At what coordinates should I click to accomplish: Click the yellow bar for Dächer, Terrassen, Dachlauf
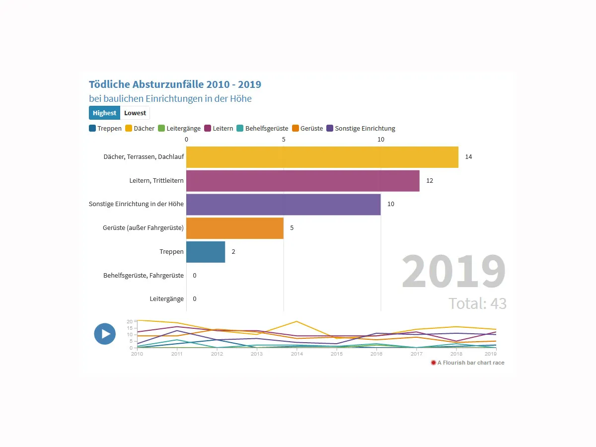[x=322, y=157]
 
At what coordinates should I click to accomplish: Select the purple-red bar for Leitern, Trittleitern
[x=302, y=181]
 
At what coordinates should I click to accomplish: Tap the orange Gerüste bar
[x=234, y=228]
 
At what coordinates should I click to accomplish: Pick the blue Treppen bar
[x=205, y=252]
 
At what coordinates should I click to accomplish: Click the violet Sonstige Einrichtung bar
[x=283, y=204]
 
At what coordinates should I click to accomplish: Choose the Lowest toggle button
[x=135, y=113]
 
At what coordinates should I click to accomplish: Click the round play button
[x=105, y=334]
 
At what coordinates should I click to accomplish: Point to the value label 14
[x=468, y=157]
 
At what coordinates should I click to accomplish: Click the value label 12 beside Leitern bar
[x=430, y=181]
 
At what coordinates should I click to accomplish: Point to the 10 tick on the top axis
[x=380, y=140]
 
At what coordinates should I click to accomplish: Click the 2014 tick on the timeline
[x=297, y=354]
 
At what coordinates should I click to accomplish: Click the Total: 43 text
[x=477, y=303]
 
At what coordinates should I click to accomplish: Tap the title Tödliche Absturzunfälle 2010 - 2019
[x=175, y=84]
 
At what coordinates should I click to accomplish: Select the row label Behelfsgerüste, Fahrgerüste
[x=144, y=275]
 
